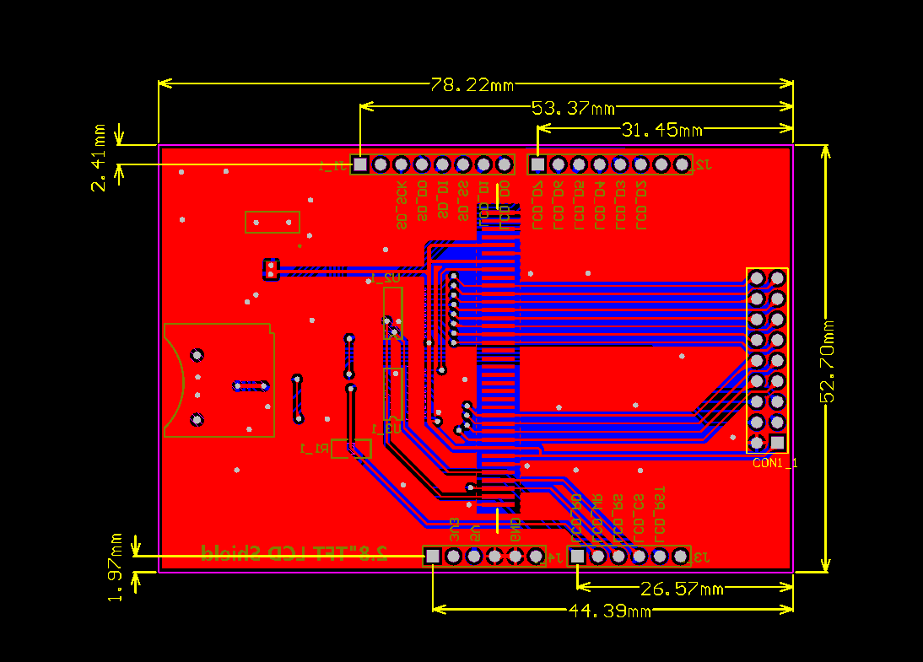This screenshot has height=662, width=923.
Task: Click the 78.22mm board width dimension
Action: [472, 85]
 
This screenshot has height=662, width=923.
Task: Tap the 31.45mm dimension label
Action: [661, 130]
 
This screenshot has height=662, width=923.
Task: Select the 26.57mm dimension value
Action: [683, 589]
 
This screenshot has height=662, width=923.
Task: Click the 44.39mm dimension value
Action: [609, 610]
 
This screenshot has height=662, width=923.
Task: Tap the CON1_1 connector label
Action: [775, 463]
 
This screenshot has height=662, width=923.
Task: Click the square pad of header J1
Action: [360, 164]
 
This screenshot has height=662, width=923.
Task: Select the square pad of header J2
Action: [537, 164]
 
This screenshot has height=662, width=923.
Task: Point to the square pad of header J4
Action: [433, 557]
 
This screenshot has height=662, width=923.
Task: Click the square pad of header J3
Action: [577, 557]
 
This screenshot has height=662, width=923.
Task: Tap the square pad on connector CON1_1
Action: [777, 442]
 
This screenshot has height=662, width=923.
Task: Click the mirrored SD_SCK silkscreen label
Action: [402, 206]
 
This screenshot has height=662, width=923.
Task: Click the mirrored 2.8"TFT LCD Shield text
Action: [295, 552]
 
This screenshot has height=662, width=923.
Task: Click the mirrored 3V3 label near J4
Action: [454, 529]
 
